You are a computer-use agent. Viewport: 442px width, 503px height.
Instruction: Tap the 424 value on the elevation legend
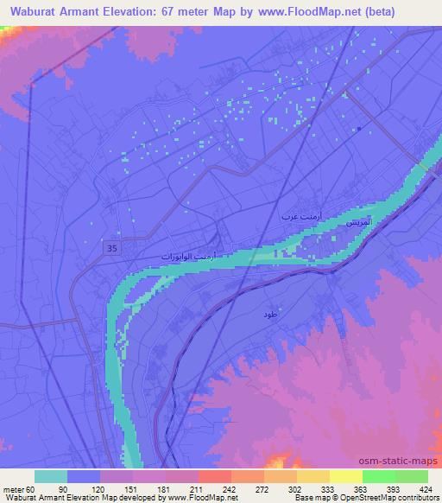425,488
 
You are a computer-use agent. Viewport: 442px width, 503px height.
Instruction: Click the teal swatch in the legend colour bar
51,476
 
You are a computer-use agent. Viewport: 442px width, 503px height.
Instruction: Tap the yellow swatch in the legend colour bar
346,476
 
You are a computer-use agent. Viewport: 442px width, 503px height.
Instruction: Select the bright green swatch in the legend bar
379,476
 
